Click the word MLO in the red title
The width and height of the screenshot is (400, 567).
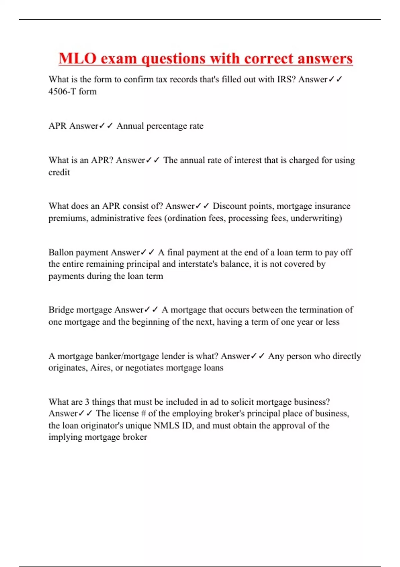click(77, 58)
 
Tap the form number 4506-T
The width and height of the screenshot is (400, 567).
click(62, 91)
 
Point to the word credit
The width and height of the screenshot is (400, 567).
click(59, 172)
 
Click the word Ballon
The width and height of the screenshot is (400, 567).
click(61, 252)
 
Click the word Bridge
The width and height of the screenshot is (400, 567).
click(61, 310)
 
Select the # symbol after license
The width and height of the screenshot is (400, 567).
click(143, 414)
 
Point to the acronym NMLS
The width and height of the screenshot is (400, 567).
click(166, 426)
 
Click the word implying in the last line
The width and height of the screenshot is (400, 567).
click(65, 437)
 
